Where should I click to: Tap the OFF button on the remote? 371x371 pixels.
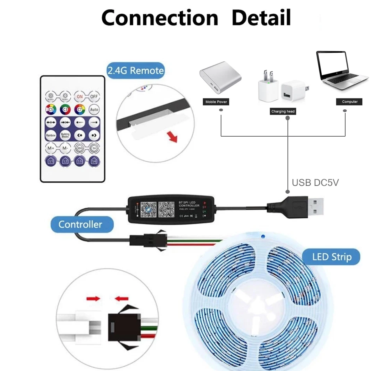click(x=94, y=96)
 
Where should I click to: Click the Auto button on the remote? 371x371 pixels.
click(x=94, y=109)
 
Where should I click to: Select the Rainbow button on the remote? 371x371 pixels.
click(x=51, y=135)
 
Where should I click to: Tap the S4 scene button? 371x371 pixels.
click(x=94, y=160)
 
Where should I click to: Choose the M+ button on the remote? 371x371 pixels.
click(x=51, y=148)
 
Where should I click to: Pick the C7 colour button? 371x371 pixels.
click(x=80, y=109)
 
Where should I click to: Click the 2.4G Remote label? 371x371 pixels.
click(x=135, y=71)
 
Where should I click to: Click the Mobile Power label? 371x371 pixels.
click(x=216, y=102)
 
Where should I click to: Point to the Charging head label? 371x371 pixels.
click(x=283, y=112)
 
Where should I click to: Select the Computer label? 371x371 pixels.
click(x=350, y=102)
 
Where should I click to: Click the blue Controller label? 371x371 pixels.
click(x=80, y=225)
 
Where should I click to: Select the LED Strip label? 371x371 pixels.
click(x=332, y=257)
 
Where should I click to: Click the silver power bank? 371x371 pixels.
click(x=220, y=80)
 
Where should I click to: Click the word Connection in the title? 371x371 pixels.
click(x=159, y=18)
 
